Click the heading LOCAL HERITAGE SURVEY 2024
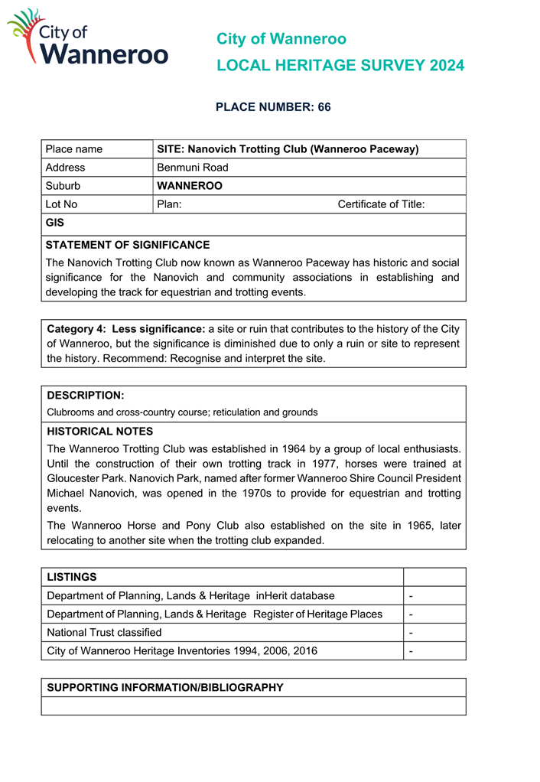click(340, 66)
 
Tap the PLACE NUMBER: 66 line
click(273, 107)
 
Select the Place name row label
click(73, 149)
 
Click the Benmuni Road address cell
click(193, 168)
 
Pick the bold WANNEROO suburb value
click(190, 186)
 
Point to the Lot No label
click(61, 204)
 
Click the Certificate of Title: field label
click(381, 204)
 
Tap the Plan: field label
click(169, 204)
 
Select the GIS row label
click(54, 223)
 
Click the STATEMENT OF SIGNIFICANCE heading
click(127, 246)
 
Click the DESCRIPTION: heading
click(86, 396)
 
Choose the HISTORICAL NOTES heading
click(99, 432)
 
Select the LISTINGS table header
click(72, 577)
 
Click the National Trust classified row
click(104, 632)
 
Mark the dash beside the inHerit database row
click(412, 595)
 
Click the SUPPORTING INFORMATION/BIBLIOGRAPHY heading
click(165, 688)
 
